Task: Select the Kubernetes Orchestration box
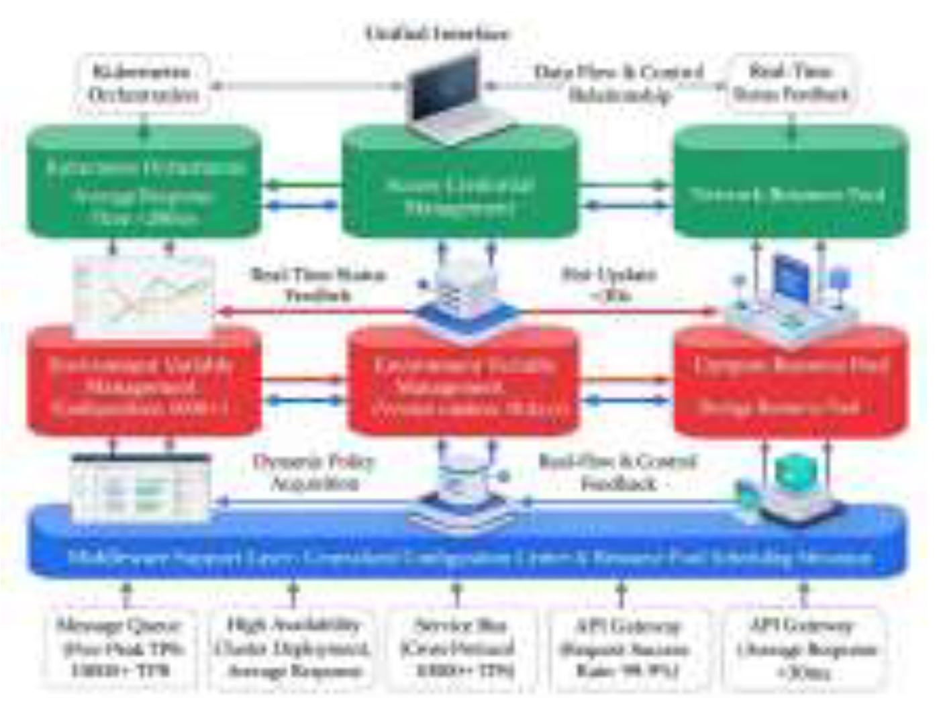click(x=143, y=83)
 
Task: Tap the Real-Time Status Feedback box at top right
click(x=791, y=83)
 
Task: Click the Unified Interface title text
click(x=437, y=34)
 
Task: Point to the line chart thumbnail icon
click(x=143, y=295)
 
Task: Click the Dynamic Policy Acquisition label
click(x=313, y=472)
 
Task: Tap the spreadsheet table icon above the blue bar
click(x=141, y=489)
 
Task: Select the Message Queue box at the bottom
click(x=119, y=648)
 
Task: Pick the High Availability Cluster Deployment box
click(x=292, y=648)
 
